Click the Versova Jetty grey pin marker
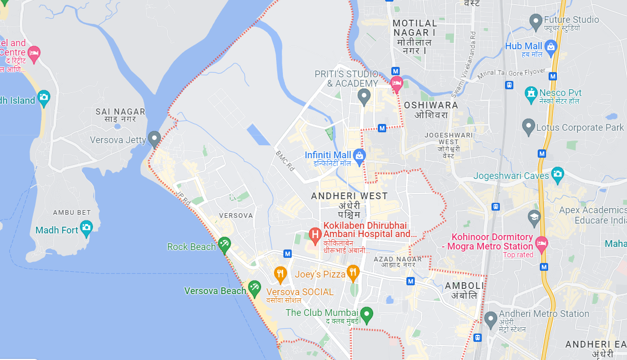click(154, 139)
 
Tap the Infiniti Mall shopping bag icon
click(359, 155)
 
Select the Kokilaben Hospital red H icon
click(315, 236)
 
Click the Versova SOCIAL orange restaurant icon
click(280, 273)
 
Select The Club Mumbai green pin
click(366, 314)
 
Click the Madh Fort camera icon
click(86, 227)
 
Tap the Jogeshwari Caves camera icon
click(557, 173)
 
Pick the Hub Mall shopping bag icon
click(551, 47)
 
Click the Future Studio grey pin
click(536, 21)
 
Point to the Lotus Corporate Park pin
click(528, 126)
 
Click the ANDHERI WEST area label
click(349, 196)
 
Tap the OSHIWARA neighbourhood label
click(431, 105)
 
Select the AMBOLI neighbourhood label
click(464, 286)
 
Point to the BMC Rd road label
click(285, 161)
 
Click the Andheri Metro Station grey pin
click(490, 319)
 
